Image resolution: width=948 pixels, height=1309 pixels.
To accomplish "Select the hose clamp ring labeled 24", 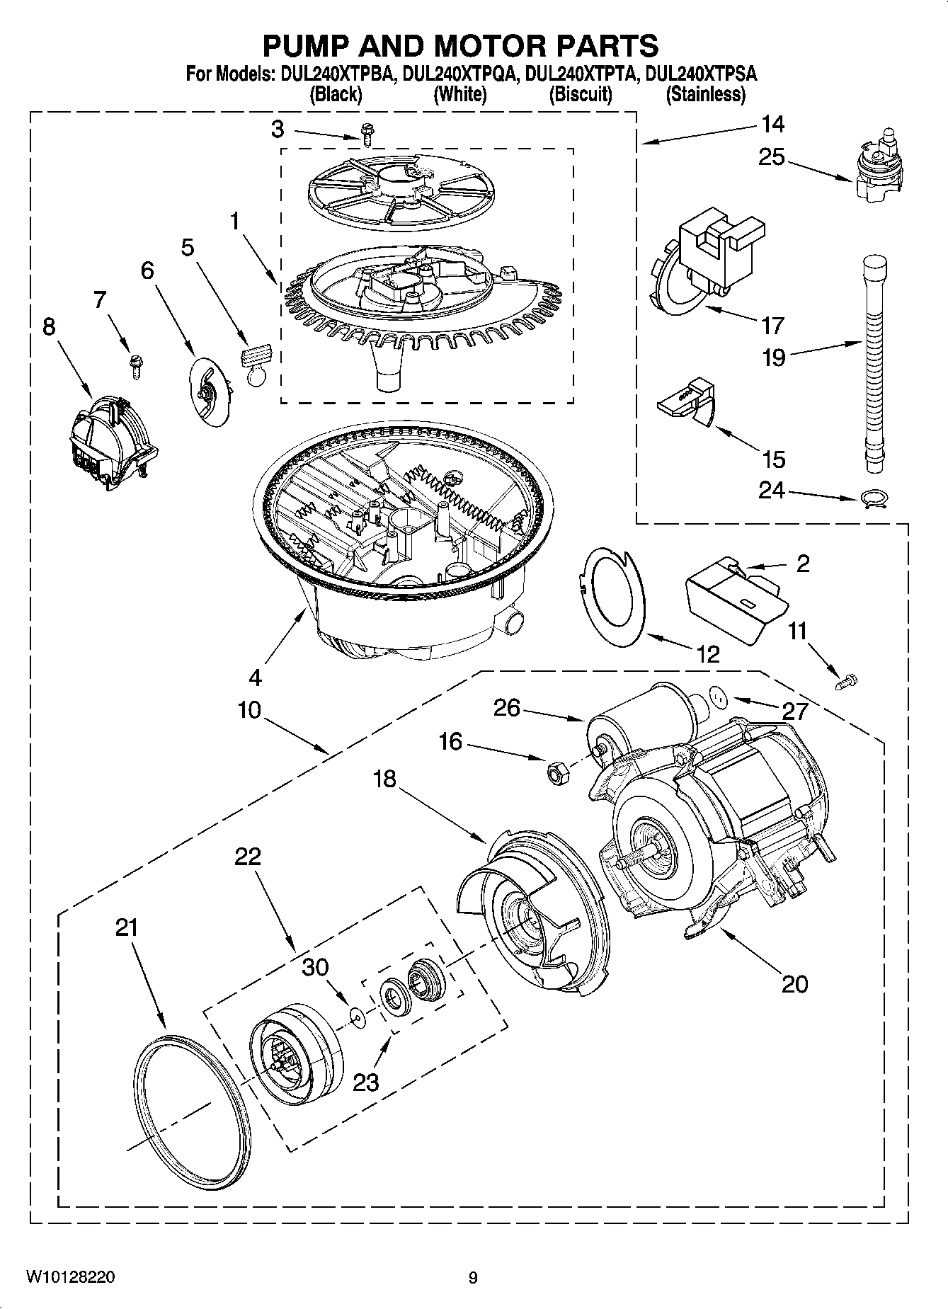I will pyautogui.click(x=874, y=498).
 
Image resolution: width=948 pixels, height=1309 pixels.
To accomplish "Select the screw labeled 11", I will pyautogui.click(x=847, y=682).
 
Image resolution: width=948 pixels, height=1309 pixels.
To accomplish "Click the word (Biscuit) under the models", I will pyautogui.click(x=581, y=94).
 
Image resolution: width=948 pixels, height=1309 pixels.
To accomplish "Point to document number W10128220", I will pyautogui.click(x=71, y=1277).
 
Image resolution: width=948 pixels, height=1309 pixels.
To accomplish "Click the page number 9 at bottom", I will pyautogui.click(x=473, y=1277).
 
